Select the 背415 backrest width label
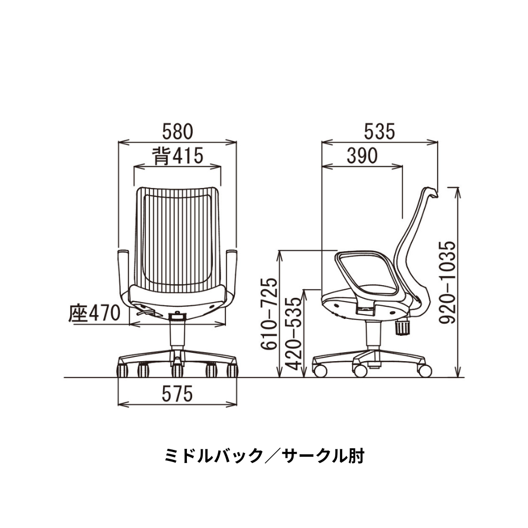(177, 156)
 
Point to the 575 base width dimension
(177, 393)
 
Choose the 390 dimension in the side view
(362, 156)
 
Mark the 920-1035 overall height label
(448, 283)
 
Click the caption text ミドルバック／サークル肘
(264, 455)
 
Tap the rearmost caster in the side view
(424, 370)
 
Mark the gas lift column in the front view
(176, 335)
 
